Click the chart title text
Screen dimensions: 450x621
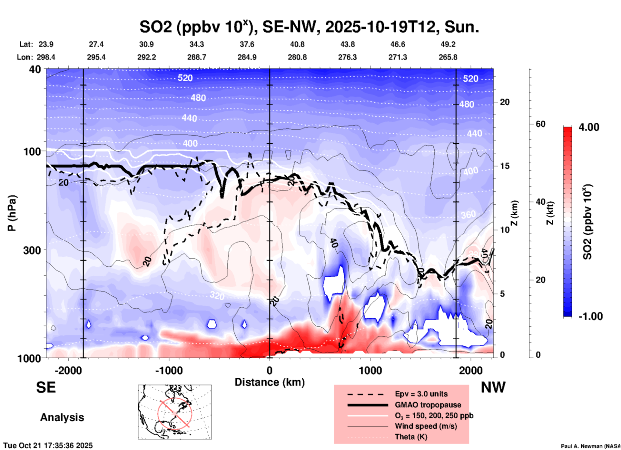point(309,27)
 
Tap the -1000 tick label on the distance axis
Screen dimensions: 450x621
point(169,370)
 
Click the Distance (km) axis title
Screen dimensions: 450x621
point(270,382)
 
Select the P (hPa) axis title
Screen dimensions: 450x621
point(12,213)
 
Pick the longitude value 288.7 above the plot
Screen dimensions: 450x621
point(196,57)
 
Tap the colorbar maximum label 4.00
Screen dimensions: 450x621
point(589,127)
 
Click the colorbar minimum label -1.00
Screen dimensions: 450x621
point(590,316)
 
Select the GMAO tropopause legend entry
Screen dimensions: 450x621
point(428,405)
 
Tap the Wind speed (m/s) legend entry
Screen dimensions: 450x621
point(426,426)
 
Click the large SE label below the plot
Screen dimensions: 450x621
point(46,387)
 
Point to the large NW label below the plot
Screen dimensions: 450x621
point(493,387)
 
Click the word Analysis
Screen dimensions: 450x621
point(62,417)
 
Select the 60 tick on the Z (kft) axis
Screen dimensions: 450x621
point(540,124)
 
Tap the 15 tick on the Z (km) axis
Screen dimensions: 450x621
point(504,166)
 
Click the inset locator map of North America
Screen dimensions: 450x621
point(175,412)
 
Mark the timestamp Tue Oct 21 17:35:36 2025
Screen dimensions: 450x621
point(48,445)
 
